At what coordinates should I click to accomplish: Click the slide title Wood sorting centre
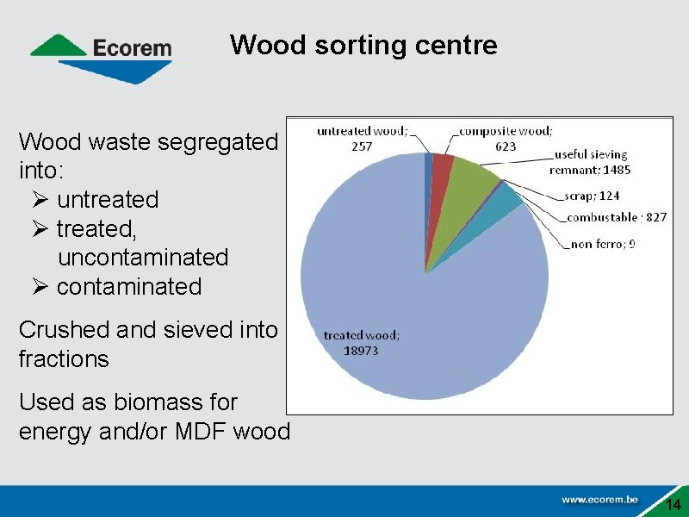click(363, 45)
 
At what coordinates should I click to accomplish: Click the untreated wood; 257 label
click(362, 139)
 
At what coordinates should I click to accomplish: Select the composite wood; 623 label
click(506, 139)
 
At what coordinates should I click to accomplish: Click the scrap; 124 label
click(592, 196)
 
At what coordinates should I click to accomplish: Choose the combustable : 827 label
click(615, 217)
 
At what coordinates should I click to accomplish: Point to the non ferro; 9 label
click(602, 244)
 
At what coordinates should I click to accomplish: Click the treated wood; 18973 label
click(361, 343)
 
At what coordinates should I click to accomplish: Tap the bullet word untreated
click(108, 200)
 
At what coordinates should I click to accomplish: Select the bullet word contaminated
click(129, 286)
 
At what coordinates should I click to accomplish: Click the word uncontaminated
click(143, 257)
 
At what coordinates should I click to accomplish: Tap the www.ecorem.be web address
click(599, 499)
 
